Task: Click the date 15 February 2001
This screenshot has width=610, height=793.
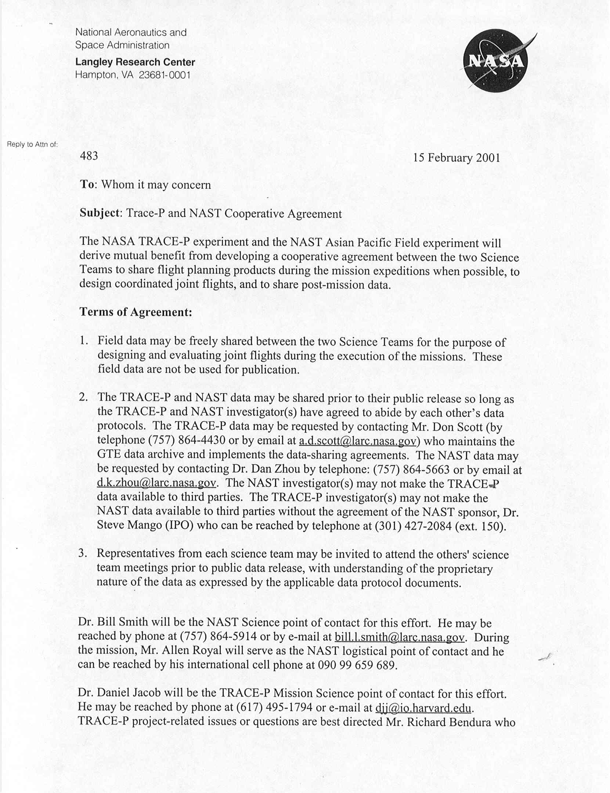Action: [456, 158]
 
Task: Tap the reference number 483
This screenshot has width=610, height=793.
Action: [89, 156]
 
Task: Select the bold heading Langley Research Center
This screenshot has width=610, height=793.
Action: [135, 62]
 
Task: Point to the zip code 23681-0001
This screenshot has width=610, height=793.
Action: [165, 75]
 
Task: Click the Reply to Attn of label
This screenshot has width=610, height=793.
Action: [32, 144]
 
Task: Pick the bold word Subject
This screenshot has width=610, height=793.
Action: [100, 213]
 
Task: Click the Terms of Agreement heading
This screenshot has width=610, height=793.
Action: [136, 312]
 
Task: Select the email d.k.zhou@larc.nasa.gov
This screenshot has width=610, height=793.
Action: [156, 483]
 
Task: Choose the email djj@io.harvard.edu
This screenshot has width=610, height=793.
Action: [423, 707]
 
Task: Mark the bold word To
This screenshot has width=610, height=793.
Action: [87, 184]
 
